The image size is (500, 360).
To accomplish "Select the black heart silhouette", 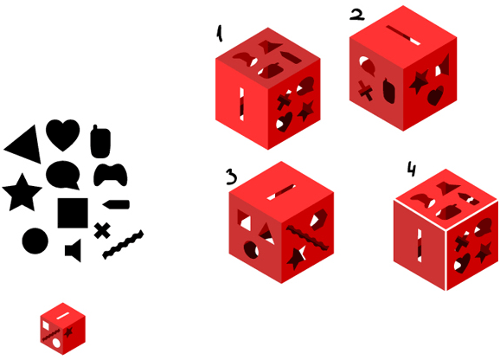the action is [x=63, y=134].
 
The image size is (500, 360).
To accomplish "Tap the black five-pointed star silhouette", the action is [x=22, y=193].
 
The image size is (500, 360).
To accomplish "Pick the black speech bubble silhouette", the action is [x=63, y=175].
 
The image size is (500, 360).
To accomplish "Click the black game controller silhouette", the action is [x=111, y=174].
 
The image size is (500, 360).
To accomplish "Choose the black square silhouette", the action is [x=73, y=213].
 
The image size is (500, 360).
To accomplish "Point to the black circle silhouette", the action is [x=35, y=241].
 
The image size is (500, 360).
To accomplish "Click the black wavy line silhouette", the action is [x=123, y=244].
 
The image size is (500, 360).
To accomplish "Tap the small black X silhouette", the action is [x=102, y=230].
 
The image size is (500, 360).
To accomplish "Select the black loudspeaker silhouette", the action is [x=74, y=250].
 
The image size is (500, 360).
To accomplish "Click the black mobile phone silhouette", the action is [x=100, y=142].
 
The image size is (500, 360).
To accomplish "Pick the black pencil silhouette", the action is [x=116, y=204].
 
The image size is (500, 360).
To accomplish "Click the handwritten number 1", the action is [x=220, y=34].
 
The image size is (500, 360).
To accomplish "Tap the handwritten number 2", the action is [x=356, y=15].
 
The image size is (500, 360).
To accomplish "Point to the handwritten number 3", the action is [x=232, y=177].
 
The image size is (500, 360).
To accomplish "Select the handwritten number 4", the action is [x=412, y=169].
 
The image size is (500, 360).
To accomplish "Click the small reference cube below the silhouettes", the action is [x=63, y=329].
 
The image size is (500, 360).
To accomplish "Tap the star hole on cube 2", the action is [x=419, y=81].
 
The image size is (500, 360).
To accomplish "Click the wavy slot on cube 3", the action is [x=307, y=238].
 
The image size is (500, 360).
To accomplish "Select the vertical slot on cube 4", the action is [x=420, y=246].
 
